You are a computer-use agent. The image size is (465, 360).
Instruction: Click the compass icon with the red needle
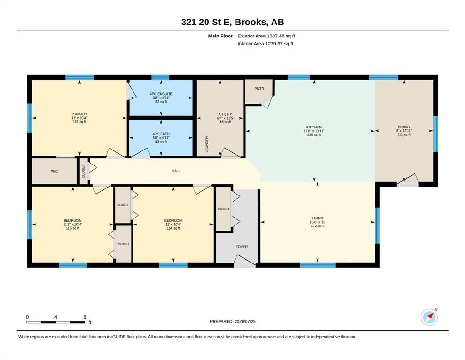[x=429, y=317]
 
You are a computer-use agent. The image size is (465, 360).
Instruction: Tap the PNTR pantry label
[x=259, y=89]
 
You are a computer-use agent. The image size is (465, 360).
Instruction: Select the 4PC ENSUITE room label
[x=161, y=94]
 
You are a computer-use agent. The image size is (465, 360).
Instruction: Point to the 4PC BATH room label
[x=161, y=134]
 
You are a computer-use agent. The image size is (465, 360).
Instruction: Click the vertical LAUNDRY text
[x=207, y=144]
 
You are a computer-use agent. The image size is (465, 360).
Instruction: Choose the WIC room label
[x=54, y=171]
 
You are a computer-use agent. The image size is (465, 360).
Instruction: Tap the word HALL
[x=176, y=171]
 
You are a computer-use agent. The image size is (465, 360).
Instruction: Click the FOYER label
[x=242, y=247]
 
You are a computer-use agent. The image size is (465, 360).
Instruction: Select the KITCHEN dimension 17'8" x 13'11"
[x=314, y=131]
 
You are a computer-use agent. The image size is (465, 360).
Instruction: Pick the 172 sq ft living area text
[x=317, y=226]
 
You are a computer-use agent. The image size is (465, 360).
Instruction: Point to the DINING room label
[x=404, y=127]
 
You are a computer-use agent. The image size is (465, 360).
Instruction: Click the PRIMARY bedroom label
[x=79, y=114]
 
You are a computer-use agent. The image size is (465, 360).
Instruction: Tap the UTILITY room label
[x=225, y=114]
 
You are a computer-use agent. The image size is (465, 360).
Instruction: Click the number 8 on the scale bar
[x=85, y=317]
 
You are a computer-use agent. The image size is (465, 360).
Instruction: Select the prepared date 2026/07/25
[x=245, y=321]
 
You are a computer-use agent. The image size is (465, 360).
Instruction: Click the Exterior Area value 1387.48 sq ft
[x=281, y=36]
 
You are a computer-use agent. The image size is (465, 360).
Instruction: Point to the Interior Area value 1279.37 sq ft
[x=279, y=44]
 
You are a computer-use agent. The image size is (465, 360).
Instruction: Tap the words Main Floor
[x=221, y=36]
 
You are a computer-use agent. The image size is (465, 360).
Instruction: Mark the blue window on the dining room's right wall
[x=435, y=134]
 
